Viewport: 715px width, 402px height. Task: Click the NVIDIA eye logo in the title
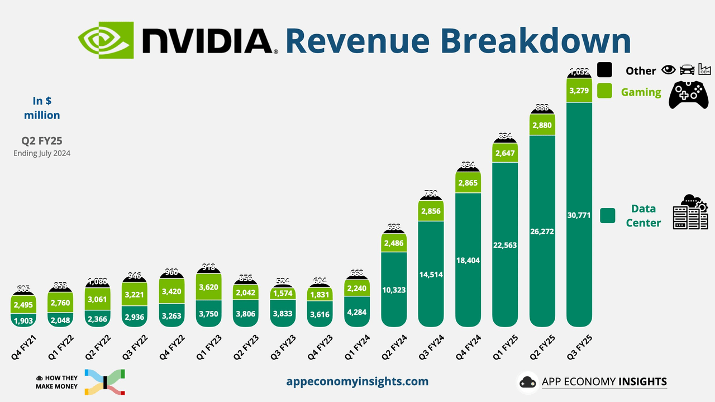pos(106,40)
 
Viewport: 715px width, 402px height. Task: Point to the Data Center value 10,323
pos(394,289)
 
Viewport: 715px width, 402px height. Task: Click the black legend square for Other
pos(604,70)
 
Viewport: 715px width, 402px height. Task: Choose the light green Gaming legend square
pos(604,91)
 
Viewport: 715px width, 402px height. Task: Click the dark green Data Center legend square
pos(607,215)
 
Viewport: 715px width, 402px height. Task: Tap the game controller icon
pos(689,94)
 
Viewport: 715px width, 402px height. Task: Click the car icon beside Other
pos(687,70)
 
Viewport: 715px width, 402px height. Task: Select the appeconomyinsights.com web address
pos(357,381)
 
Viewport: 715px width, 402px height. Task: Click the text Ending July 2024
pos(42,153)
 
